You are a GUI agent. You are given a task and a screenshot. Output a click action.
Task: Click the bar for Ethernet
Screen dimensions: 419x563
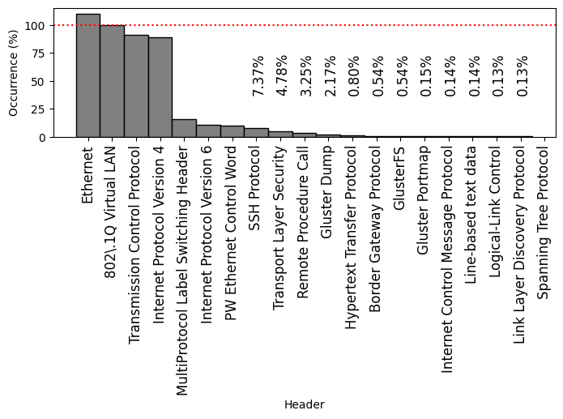click(x=87, y=75)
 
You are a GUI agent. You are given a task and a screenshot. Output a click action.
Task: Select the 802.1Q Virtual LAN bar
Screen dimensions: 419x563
click(x=112, y=81)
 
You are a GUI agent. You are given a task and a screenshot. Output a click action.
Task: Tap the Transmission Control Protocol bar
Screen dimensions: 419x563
click(x=136, y=86)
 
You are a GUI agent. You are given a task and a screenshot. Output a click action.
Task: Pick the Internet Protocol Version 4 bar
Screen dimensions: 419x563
click(x=160, y=88)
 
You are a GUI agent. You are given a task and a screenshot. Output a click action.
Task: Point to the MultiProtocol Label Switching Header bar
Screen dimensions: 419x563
click(x=184, y=128)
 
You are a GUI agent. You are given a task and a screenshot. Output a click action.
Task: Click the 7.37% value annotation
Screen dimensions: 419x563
click(x=258, y=76)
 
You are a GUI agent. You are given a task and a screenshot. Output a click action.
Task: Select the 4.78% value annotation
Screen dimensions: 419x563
click(x=282, y=76)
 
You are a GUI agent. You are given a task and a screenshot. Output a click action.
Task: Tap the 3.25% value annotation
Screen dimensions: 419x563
click(x=306, y=76)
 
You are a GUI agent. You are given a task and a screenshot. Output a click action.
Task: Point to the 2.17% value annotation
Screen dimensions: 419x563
click(x=330, y=76)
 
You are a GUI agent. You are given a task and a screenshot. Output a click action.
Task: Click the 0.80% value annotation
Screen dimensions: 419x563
click(x=354, y=76)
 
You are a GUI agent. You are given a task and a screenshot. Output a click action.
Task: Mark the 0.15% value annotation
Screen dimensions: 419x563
click(x=426, y=76)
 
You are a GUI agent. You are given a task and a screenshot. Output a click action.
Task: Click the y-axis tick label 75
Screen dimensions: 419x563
click(x=36, y=53)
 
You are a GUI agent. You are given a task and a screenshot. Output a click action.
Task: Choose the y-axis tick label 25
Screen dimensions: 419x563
click(x=36, y=109)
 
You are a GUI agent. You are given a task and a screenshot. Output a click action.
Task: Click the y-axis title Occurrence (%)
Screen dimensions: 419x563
click(x=13, y=73)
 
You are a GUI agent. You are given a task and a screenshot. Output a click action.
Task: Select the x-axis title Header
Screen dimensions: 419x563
click(x=304, y=404)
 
